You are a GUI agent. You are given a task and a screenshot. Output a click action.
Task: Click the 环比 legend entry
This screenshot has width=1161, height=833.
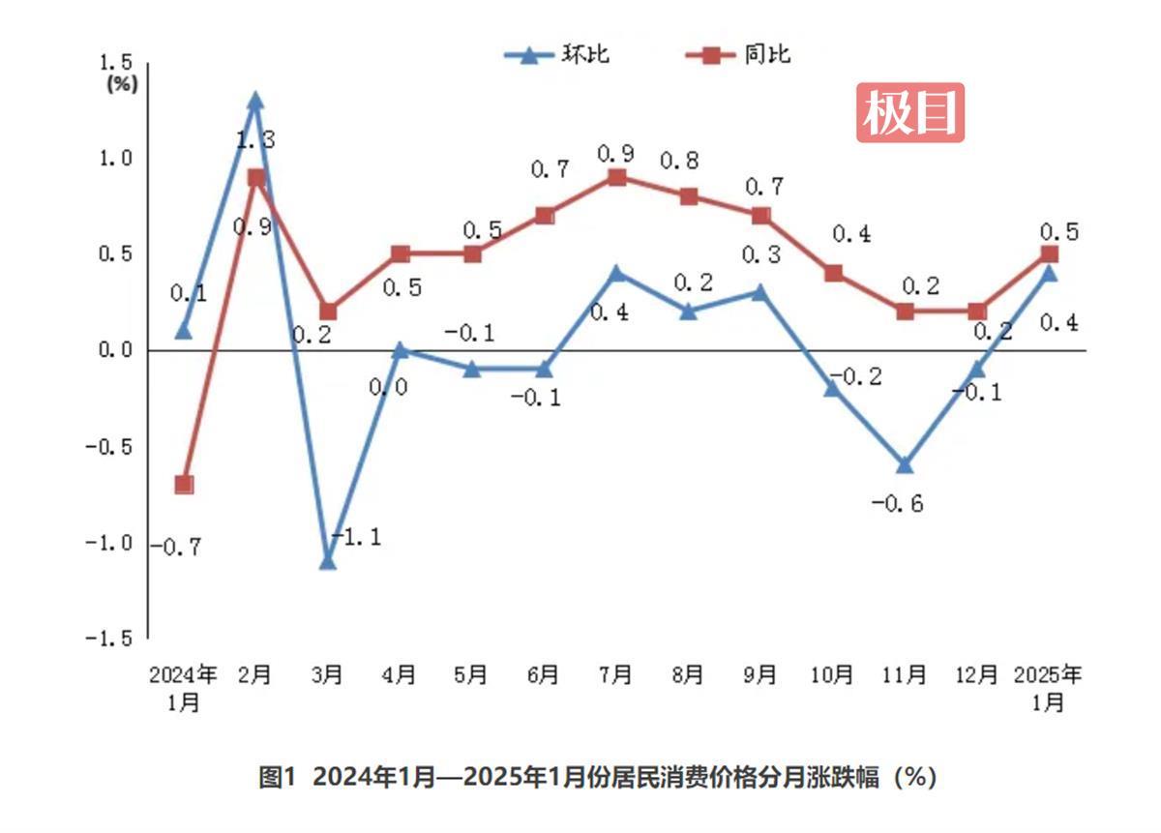click(x=557, y=54)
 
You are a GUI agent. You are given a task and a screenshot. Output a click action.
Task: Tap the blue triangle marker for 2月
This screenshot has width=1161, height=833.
click(x=255, y=101)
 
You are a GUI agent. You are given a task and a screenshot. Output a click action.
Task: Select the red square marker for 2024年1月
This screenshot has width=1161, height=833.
click(x=184, y=484)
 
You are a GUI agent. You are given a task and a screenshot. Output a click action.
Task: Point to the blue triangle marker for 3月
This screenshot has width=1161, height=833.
click(x=328, y=561)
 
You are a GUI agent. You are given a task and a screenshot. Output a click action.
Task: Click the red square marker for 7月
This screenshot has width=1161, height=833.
click(x=616, y=177)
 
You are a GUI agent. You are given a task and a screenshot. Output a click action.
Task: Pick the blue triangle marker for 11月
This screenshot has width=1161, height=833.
click(x=905, y=465)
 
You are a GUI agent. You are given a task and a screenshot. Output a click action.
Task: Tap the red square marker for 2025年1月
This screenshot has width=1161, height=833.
click(x=1049, y=253)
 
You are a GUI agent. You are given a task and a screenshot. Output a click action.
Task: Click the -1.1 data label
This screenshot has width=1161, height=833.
click(x=356, y=537)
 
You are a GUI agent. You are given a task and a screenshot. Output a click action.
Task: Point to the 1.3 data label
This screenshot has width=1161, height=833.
click(x=254, y=140)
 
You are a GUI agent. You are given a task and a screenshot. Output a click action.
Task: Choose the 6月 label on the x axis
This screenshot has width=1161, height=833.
click(x=544, y=674)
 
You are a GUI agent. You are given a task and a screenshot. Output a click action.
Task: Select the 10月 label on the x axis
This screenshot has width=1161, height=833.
click(x=832, y=674)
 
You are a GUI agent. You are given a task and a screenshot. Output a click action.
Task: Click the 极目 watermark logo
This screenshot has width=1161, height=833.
click(x=909, y=112)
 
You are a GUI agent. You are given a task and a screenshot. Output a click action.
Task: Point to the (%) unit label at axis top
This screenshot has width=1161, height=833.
click(x=122, y=83)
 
